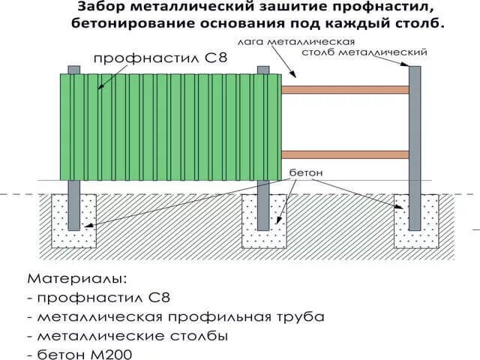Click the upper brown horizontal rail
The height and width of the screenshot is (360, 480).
point(345,90)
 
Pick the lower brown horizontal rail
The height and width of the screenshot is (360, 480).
point(345,154)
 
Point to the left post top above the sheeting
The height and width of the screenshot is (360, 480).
point(73,70)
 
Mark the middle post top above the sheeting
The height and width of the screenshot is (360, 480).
point(263,70)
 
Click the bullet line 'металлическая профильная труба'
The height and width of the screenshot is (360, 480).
point(180,316)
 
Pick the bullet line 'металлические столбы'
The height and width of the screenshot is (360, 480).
point(131,334)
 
